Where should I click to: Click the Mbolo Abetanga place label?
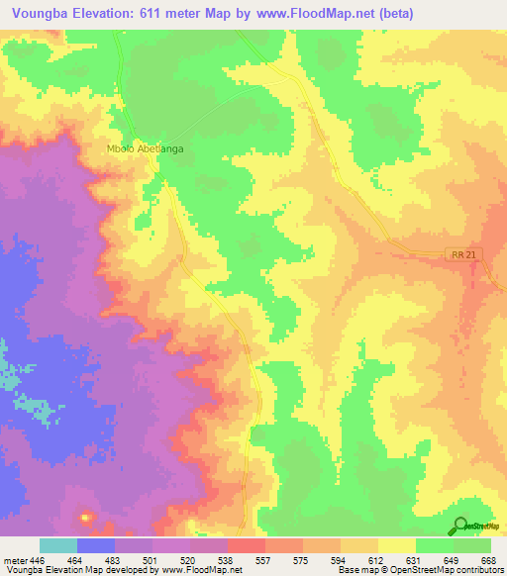click(x=146, y=149)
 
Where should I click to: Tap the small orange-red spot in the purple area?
click(x=85, y=518)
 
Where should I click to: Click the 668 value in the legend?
click(x=486, y=561)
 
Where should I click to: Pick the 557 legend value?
click(x=263, y=561)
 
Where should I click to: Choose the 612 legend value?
click(x=375, y=561)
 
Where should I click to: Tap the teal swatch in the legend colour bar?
click(x=58, y=545)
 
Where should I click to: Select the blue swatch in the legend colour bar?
click(x=96, y=545)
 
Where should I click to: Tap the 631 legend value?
click(x=412, y=561)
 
